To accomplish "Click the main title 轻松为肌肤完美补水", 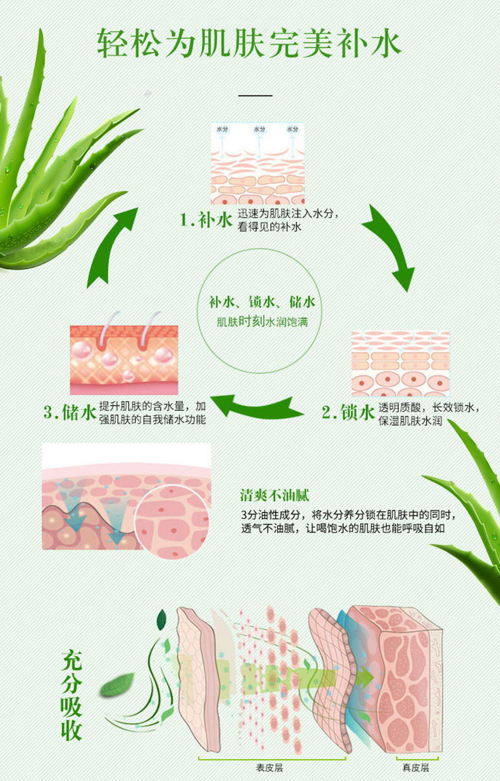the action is [x=249, y=44].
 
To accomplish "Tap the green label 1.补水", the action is [x=206, y=220].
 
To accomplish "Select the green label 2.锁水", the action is [x=348, y=412].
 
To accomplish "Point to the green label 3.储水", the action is [x=69, y=412].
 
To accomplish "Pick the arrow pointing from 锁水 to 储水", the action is [x=257, y=406].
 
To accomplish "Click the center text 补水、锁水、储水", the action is [x=262, y=302].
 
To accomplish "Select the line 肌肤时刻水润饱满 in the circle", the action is [x=262, y=322].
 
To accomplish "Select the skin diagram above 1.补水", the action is [x=257, y=163].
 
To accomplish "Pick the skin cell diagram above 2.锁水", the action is [x=401, y=364].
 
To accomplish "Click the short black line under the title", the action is [x=255, y=95].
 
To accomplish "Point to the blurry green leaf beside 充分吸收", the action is [x=117, y=685].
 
